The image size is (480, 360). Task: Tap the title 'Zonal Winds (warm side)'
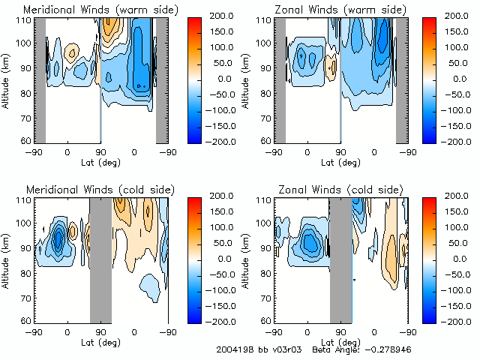(x=336, y=10)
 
